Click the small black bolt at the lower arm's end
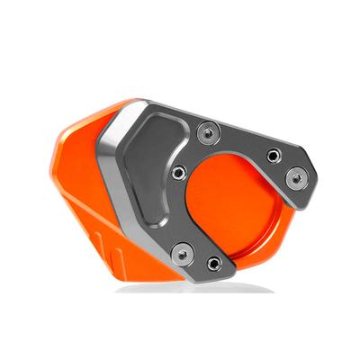pos(213,263)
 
